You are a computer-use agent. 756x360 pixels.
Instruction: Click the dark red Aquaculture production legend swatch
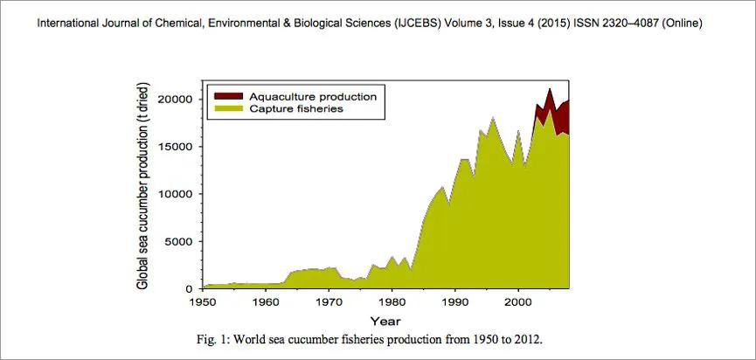point(228,95)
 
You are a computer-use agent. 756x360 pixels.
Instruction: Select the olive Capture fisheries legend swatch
point(228,108)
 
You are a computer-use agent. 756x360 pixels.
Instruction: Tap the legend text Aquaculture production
point(312,95)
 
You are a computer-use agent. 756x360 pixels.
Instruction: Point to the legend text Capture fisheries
point(295,108)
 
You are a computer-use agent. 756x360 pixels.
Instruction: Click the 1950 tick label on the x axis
point(203,301)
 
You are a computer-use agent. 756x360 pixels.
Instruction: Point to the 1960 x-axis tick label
point(266,301)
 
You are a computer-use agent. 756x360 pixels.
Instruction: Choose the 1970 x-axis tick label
point(329,301)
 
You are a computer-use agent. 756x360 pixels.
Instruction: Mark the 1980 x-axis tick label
point(392,301)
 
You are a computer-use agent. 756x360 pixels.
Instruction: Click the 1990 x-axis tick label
point(455,301)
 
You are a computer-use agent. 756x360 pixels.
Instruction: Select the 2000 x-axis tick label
point(518,301)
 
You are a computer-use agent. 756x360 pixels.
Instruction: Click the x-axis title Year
point(385,322)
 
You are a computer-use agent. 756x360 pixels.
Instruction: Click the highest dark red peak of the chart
point(550,91)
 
